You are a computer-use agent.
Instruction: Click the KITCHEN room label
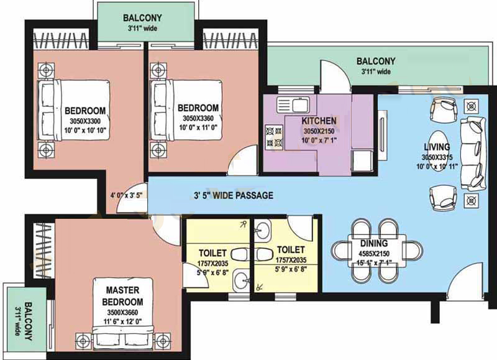(x=319, y=121)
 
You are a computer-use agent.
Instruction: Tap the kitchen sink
(x=293, y=105)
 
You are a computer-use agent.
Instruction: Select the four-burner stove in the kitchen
(x=274, y=137)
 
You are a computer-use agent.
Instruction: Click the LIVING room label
(x=437, y=147)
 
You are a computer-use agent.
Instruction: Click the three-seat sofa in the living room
(x=473, y=154)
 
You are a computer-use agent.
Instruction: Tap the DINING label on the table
(x=374, y=243)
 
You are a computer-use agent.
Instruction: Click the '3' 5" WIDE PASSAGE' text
(x=234, y=195)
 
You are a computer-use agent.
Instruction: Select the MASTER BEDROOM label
(x=122, y=296)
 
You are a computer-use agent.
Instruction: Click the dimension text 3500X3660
(x=122, y=312)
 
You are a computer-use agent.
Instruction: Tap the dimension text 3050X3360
(x=198, y=118)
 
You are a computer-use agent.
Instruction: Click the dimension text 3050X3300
(x=85, y=121)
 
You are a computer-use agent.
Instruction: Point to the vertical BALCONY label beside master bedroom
(x=28, y=321)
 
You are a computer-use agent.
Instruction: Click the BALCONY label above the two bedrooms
(x=142, y=18)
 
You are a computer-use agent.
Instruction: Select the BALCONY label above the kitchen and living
(x=376, y=61)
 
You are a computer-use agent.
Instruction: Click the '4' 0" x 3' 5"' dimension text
(x=126, y=195)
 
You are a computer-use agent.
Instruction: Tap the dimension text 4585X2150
(x=374, y=254)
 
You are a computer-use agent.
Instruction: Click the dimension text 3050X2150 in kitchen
(x=319, y=131)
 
